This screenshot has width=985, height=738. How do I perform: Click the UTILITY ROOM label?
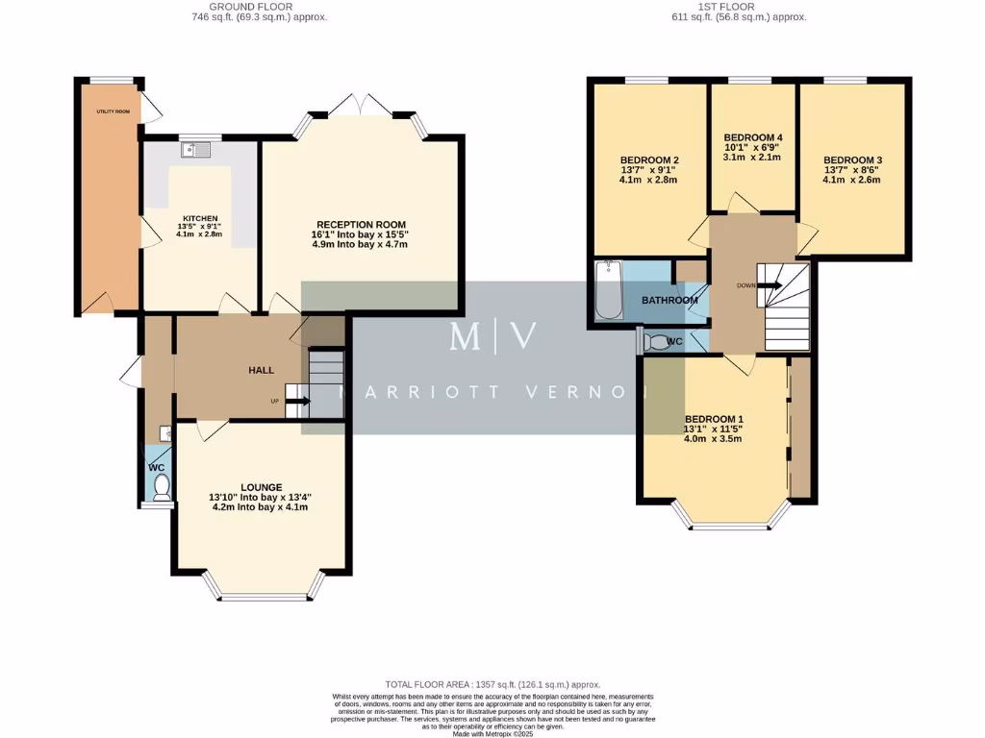click(x=113, y=111)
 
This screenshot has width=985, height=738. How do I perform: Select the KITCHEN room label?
click(x=200, y=218)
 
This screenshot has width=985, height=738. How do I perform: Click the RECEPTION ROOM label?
click(x=358, y=224)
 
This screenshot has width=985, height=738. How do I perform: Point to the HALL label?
click(x=262, y=370)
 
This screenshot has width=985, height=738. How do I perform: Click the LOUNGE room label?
click(x=261, y=487)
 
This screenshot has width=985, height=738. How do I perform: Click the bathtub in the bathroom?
click(x=609, y=290)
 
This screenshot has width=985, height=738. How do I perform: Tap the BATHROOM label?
click(x=669, y=301)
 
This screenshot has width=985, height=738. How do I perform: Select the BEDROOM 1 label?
click(x=714, y=419)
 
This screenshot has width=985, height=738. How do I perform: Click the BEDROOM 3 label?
click(x=852, y=160)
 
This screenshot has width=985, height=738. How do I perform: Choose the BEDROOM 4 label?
click(x=752, y=138)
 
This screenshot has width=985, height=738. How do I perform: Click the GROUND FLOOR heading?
click(x=240, y=7)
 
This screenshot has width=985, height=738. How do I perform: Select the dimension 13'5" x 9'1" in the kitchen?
click(x=200, y=227)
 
